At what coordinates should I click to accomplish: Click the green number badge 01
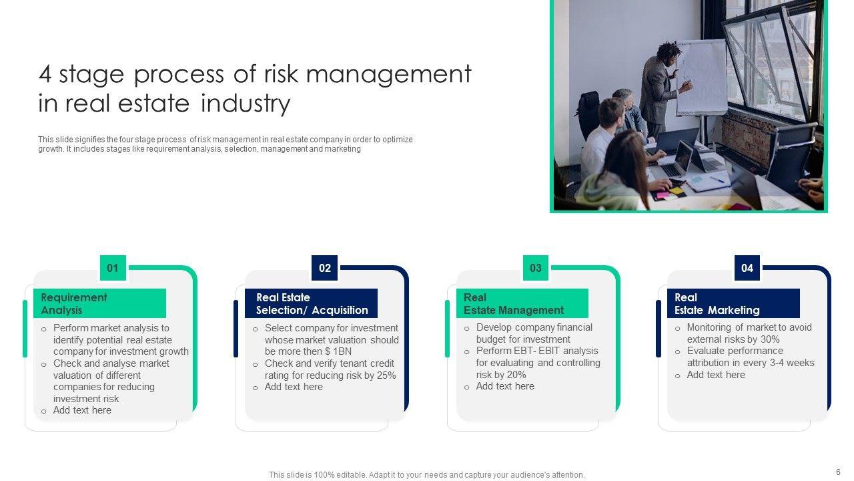tap(113, 269)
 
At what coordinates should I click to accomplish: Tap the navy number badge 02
tap(325, 269)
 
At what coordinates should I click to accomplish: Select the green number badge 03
tap(536, 269)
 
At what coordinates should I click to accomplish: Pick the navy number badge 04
tap(747, 269)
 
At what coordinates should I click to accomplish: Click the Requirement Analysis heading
tap(74, 304)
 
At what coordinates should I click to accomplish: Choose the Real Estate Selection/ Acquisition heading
tap(312, 304)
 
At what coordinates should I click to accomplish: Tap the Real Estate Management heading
tap(514, 304)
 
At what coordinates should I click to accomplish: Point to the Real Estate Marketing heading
tap(717, 304)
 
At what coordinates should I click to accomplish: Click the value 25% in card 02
tap(386, 375)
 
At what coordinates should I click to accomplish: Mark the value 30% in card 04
tap(751, 339)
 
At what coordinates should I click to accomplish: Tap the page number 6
tap(838, 472)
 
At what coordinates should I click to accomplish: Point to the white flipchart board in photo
tap(701, 77)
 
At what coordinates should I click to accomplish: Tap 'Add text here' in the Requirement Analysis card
tap(82, 410)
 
